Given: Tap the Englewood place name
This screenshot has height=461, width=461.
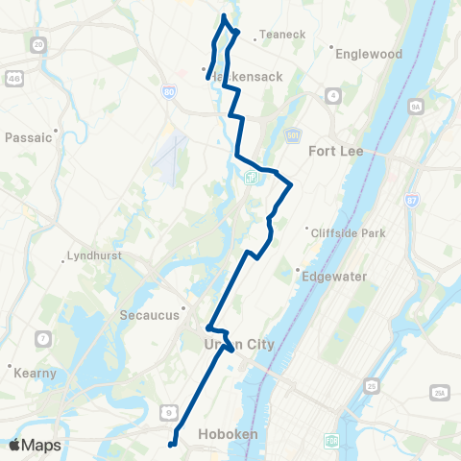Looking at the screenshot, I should point(369,54).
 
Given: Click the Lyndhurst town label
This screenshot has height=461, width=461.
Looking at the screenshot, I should point(94,256).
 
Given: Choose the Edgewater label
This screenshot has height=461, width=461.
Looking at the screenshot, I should point(335,276).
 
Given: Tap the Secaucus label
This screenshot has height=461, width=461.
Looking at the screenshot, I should point(144,314).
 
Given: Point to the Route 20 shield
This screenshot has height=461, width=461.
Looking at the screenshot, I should point(38,44).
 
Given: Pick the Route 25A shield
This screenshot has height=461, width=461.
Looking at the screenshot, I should point(440,393).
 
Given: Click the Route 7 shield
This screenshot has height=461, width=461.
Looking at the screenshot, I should point(42,338).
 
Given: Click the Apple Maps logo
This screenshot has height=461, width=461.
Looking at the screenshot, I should point(36,445).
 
